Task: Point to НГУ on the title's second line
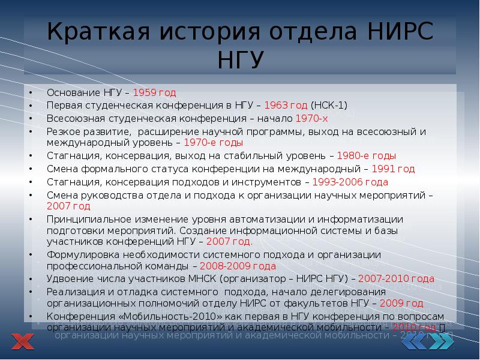click(x=239, y=59)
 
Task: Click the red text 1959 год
click(x=154, y=93)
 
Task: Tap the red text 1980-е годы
click(x=367, y=155)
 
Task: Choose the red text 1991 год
click(x=393, y=169)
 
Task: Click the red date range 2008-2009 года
click(x=238, y=266)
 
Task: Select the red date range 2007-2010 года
click(x=397, y=279)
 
